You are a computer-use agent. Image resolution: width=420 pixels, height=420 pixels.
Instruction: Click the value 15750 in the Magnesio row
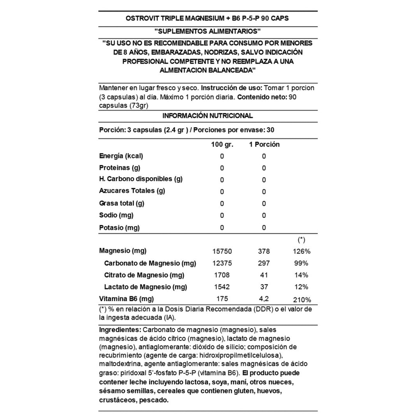coord(222,251)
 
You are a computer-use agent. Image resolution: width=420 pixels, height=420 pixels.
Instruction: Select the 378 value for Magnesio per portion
coord(264,251)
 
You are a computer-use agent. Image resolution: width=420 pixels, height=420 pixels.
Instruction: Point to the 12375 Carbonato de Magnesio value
coord(222,263)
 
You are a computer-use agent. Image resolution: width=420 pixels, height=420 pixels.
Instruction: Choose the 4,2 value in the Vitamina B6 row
coord(264,299)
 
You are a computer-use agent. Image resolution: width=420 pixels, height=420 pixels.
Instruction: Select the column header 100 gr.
coord(222,144)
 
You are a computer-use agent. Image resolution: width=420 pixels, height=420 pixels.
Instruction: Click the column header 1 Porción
coord(264,144)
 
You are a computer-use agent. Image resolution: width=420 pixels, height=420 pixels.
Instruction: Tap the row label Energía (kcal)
coord(121,156)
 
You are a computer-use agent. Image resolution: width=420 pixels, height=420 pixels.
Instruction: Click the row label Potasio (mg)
coord(119,227)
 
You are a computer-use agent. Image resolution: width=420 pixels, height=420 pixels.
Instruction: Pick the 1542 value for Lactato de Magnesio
coord(222,287)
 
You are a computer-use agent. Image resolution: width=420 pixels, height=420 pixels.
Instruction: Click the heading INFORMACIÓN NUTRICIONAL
coord(208,116)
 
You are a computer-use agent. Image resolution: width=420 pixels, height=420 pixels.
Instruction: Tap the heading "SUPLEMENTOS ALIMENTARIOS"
coord(208,31)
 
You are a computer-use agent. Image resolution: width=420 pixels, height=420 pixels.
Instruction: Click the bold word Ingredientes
coord(120,329)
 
